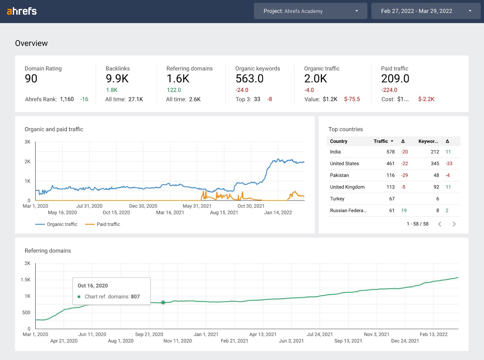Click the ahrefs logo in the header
pyautogui.click(x=22, y=11)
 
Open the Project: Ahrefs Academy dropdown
pyautogui.click(x=310, y=11)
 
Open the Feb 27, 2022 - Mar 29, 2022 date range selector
pyautogui.click(x=425, y=11)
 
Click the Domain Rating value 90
pyautogui.click(x=31, y=79)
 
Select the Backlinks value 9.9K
pyautogui.click(x=117, y=79)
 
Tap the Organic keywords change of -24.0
pyautogui.click(x=242, y=90)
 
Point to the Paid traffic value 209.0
pyautogui.click(x=395, y=79)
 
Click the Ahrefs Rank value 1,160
pyautogui.click(x=67, y=99)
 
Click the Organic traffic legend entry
pyautogui.click(x=57, y=224)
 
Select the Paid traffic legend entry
pyautogui.click(x=103, y=224)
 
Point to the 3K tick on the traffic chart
pyautogui.click(x=28, y=142)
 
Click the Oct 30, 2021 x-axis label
pyautogui.click(x=251, y=206)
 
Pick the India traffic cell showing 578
pyautogui.click(x=391, y=152)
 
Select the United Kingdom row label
pyautogui.click(x=347, y=187)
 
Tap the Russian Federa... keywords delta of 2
pyautogui.click(x=447, y=210)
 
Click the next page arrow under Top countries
pyautogui.click(x=454, y=224)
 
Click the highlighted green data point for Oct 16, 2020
pyautogui.click(x=163, y=302)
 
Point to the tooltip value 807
pyautogui.click(x=135, y=297)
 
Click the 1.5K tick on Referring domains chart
pyautogui.click(x=26, y=280)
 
